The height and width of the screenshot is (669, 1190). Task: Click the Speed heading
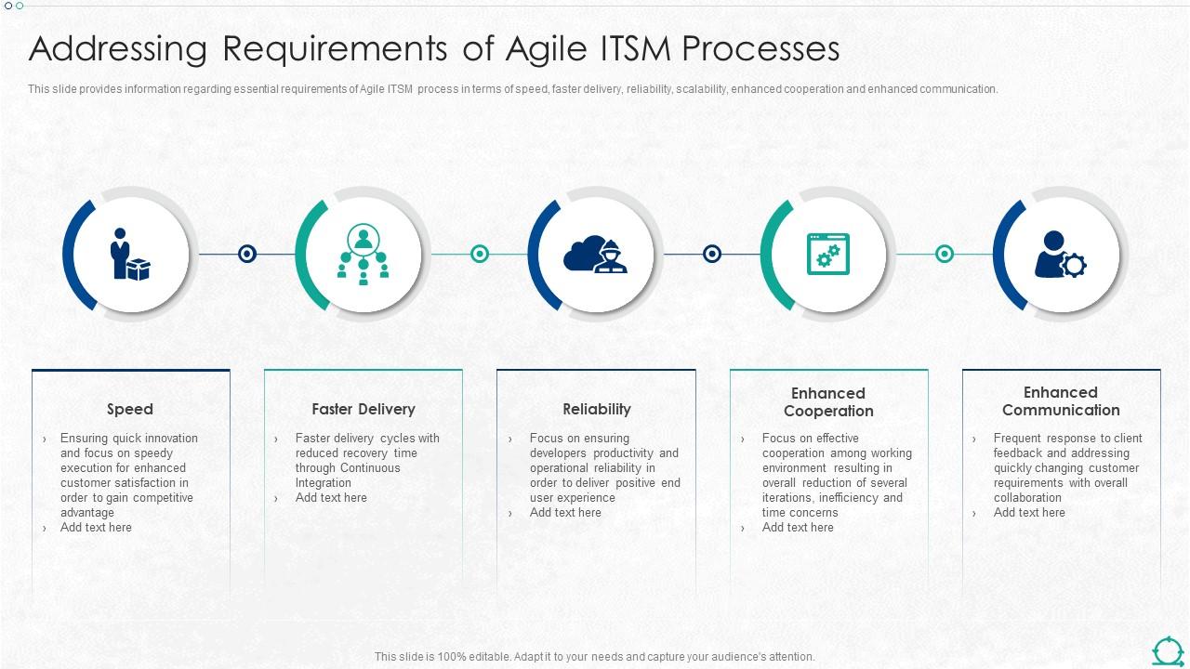(130, 409)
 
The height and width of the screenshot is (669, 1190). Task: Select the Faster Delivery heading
(364, 409)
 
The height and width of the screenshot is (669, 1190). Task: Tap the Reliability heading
(597, 409)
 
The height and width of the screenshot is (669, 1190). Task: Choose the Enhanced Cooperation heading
(828, 402)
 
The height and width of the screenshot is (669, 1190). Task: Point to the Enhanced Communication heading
(1061, 401)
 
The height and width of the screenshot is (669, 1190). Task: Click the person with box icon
(129, 254)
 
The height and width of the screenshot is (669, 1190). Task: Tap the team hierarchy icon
(363, 254)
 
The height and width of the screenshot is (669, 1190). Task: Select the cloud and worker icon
(596, 254)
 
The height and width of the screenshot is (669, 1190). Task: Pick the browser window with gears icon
(828, 254)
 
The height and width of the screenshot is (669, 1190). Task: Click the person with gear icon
(1061, 254)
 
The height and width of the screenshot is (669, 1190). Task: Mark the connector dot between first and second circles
(246, 254)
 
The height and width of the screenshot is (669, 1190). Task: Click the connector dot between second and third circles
(480, 254)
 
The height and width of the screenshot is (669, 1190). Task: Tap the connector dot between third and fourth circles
(712, 254)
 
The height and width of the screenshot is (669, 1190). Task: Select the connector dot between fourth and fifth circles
(945, 254)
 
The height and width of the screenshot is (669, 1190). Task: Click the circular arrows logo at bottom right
(1168, 650)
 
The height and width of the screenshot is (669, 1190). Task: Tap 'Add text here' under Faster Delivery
(331, 498)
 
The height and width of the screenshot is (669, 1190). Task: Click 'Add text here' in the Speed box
(96, 528)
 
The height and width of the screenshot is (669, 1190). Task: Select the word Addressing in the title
(118, 49)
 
